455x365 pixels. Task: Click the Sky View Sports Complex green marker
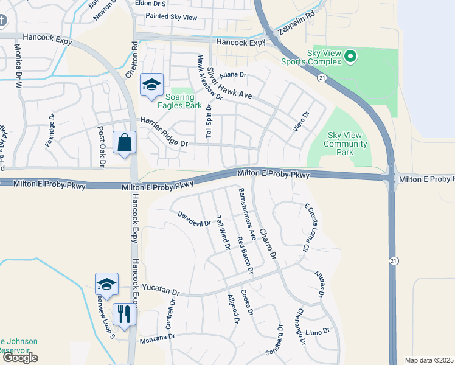350,57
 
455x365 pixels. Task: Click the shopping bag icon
124,144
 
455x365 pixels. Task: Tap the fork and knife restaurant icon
124,315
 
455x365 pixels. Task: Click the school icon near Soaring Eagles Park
151,85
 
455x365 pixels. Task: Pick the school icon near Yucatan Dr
106,284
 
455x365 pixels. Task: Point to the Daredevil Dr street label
194,218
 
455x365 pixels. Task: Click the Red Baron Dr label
245,254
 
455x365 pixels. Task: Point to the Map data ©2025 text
429,360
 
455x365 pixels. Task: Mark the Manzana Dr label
158,336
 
